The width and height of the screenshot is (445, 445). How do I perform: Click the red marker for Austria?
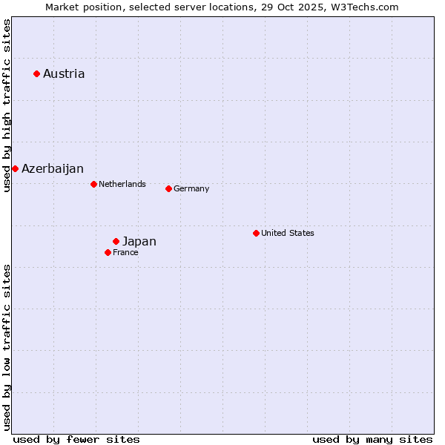coord(36,73)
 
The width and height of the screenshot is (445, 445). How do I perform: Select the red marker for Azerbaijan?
coord(15,168)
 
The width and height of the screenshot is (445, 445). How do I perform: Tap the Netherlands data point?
coord(93,184)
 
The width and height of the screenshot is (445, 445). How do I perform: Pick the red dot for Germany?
coord(168,188)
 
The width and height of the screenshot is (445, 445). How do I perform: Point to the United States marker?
coord(256,233)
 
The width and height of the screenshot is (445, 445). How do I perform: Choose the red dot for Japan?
coord(116,241)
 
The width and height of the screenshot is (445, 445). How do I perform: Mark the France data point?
coord(108,252)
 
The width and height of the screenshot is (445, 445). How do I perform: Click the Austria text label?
coord(64,73)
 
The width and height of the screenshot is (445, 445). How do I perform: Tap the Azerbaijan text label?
coord(53,169)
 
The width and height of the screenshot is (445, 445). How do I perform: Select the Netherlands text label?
coord(122,184)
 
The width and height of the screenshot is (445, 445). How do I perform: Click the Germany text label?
coord(191,188)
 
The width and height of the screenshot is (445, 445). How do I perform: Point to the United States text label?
coord(288,233)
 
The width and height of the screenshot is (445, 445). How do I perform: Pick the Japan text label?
coord(139,242)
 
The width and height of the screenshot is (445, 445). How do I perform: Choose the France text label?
coord(125,252)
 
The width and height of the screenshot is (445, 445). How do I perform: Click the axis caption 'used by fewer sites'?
coord(76,439)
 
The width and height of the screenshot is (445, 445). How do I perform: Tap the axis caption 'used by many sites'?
coord(372,439)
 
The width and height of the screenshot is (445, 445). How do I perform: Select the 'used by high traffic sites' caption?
coord(7,105)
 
